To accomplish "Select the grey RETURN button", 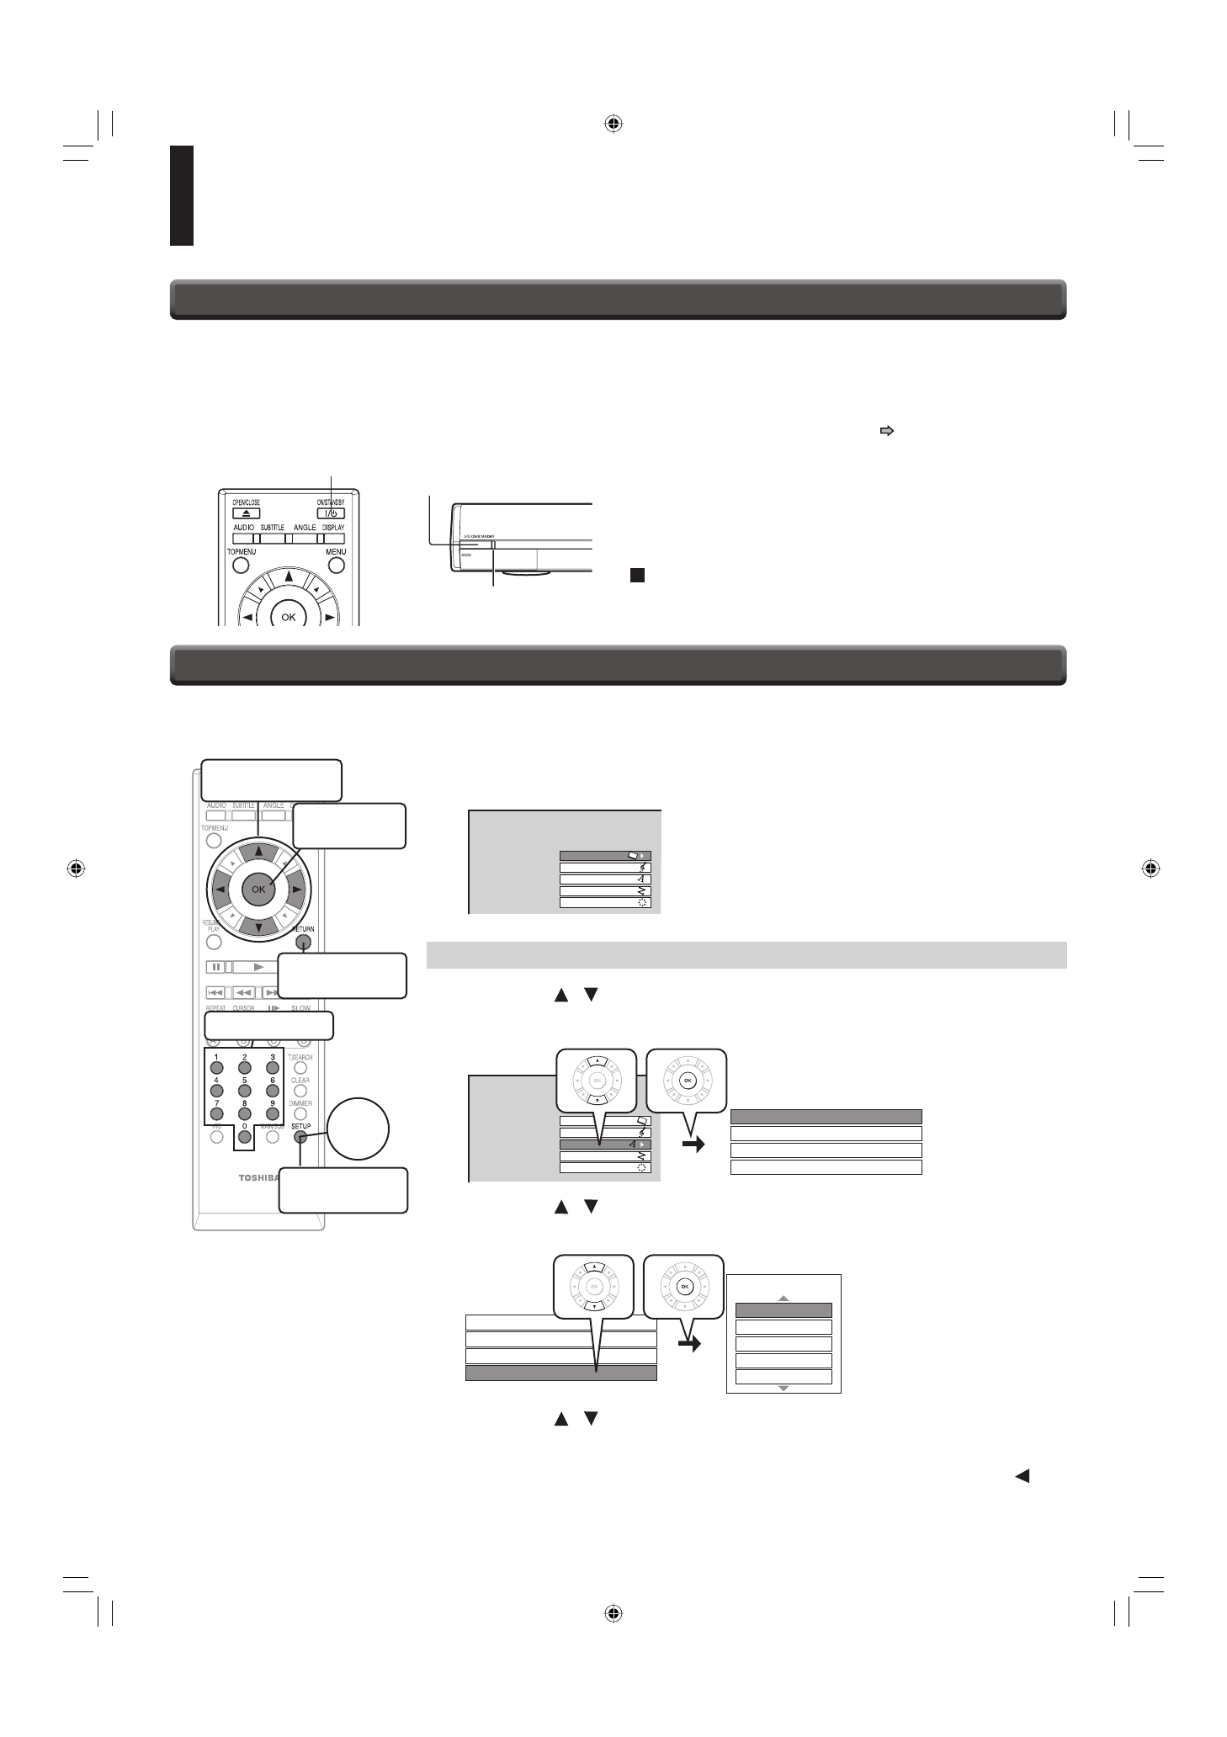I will [x=303, y=943].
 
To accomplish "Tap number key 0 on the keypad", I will [x=245, y=1137].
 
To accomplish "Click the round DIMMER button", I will [x=300, y=1114].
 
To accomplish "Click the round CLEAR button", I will [x=300, y=1092].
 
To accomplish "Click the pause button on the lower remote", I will [x=215, y=967].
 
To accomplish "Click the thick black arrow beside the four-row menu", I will [x=693, y=1145].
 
